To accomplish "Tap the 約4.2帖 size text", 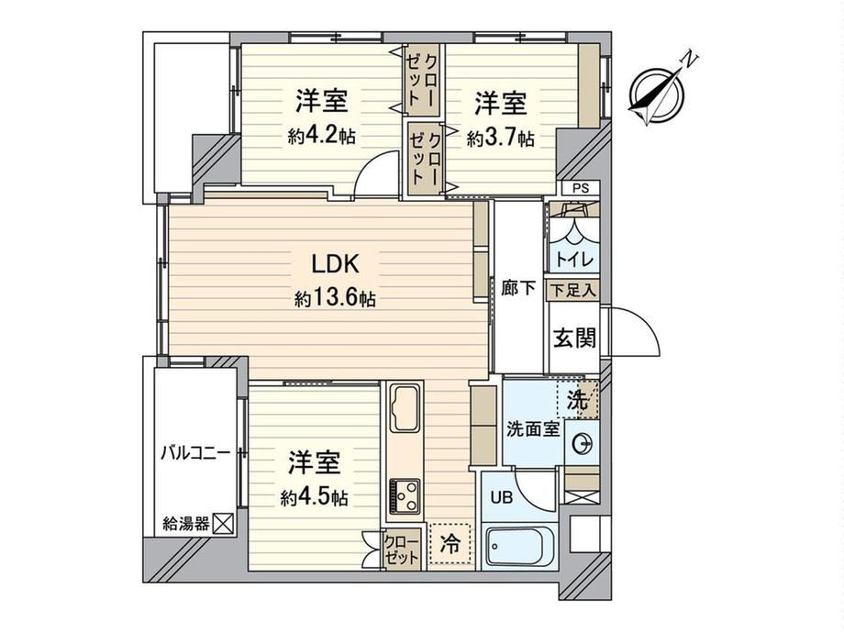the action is coord(321,137).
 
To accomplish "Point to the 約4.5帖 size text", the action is coord(314,498).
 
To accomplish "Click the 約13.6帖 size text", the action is coord(335,297).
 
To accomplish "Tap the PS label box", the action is coord(580,189).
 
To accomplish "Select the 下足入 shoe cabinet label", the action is coord(573,291).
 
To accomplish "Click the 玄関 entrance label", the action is coord(575,338).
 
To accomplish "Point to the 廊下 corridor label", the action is coord(518,288).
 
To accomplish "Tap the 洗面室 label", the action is coord(533,429).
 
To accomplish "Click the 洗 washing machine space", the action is coord(578,399).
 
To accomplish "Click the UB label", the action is coord(501,497).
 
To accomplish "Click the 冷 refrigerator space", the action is coord(450,544).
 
